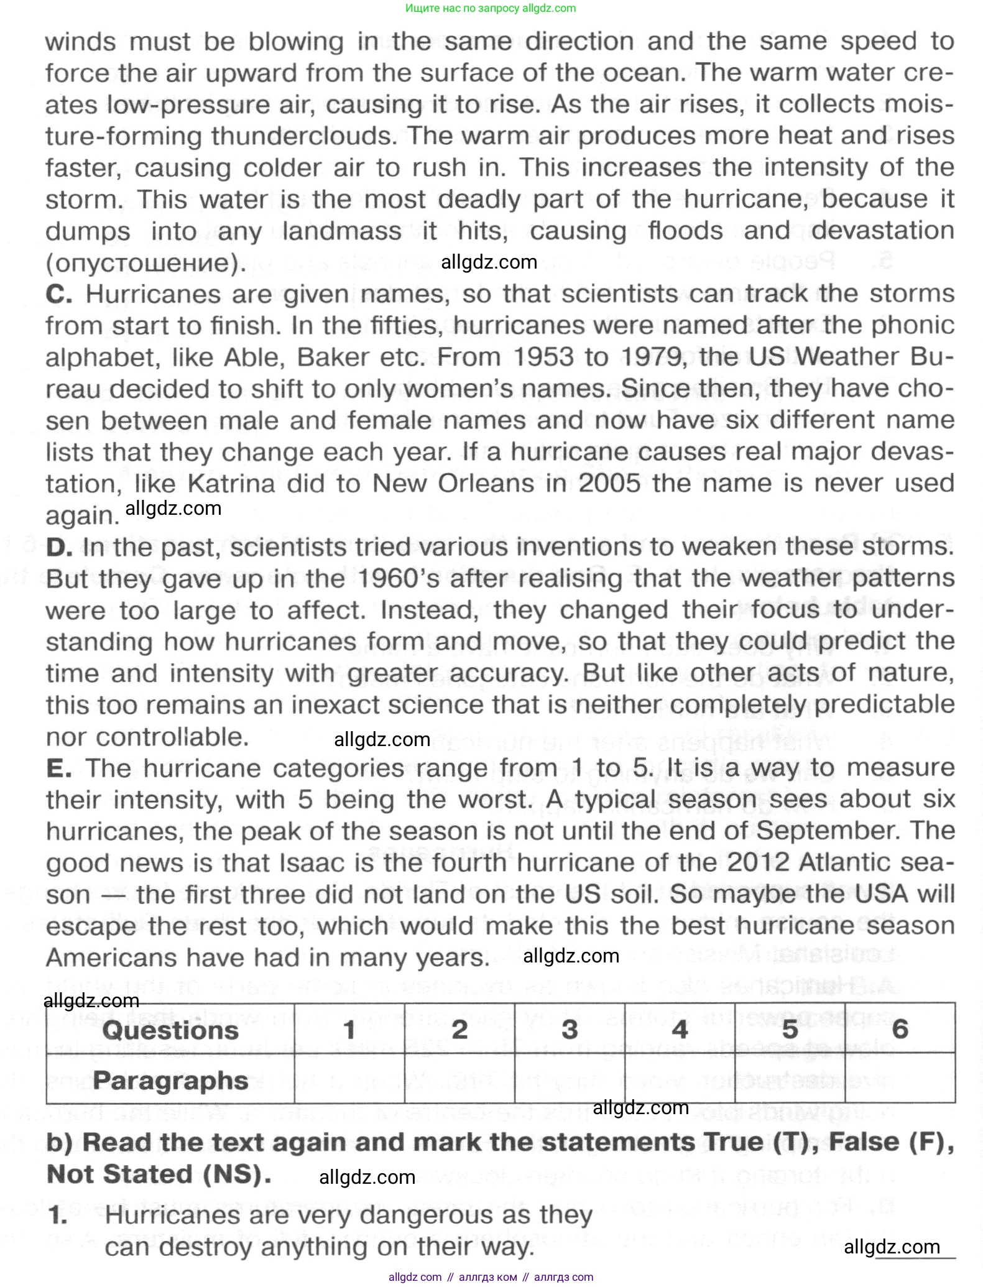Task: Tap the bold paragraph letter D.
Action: tap(59, 547)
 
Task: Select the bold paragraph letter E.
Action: tap(58, 768)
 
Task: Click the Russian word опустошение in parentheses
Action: tap(142, 263)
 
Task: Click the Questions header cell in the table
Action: tap(170, 1030)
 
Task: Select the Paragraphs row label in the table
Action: tap(170, 1081)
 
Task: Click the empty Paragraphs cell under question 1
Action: tap(349, 1079)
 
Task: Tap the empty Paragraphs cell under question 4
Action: tap(680, 1079)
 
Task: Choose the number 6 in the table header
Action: tap(900, 1030)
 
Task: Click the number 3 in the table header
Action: tap(570, 1030)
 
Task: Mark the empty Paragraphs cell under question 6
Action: tap(900, 1079)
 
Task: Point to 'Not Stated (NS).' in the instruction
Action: tap(159, 1174)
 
